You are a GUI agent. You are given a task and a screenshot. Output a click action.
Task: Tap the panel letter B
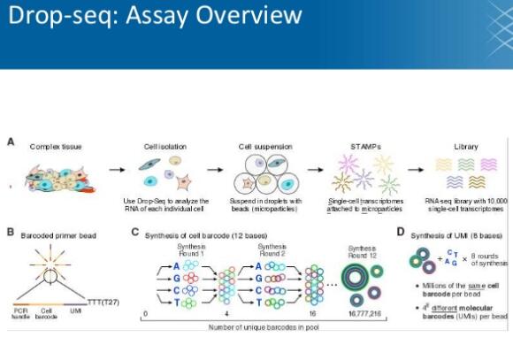click(x=10, y=233)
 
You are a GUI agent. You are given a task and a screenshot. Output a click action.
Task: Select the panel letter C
click(x=135, y=233)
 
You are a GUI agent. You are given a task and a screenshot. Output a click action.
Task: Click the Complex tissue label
click(x=56, y=145)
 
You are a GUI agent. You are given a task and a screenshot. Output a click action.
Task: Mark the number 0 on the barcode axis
click(x=144, y=314)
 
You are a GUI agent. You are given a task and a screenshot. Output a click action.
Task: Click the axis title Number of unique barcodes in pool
click(x=256, y=327)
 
